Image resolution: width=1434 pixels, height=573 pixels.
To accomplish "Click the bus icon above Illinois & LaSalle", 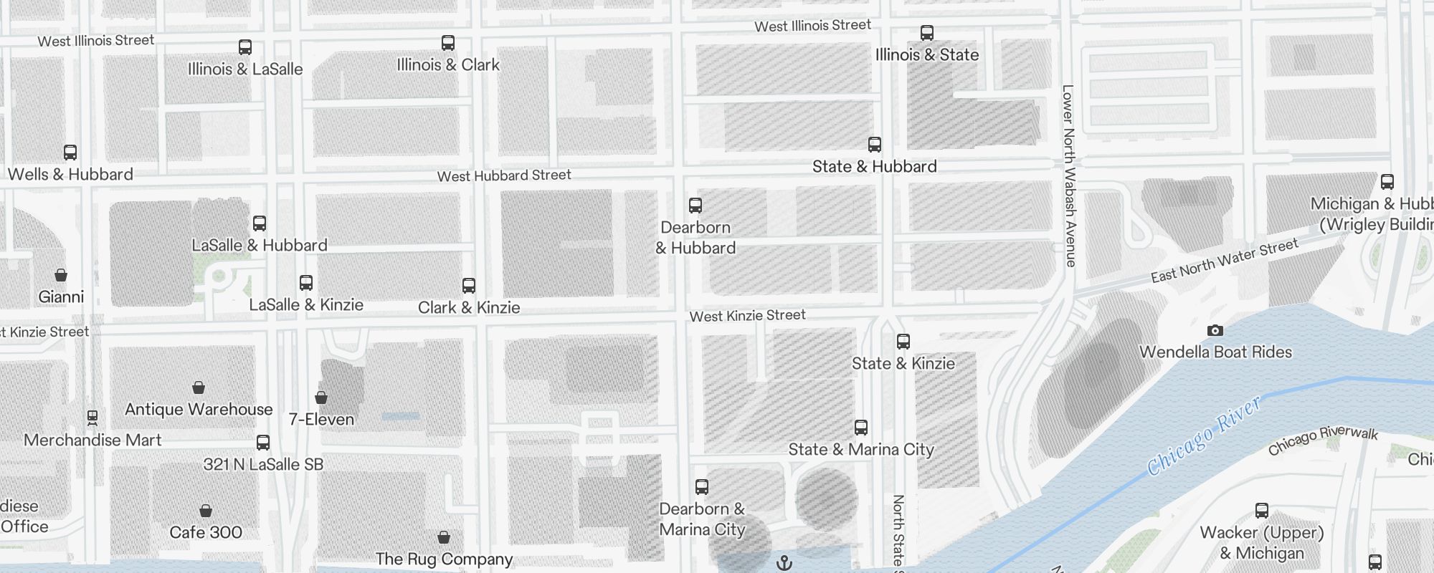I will (x=245, y=47).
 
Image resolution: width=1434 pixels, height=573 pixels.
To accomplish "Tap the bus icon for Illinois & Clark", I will (x=448, y=43).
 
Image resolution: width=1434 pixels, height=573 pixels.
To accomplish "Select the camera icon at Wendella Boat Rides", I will (x=1215, y=330).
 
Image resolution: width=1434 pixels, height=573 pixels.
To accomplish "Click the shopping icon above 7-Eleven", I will (x=321, y=398).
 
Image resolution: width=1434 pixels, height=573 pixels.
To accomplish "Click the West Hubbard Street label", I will (x=504, y=175).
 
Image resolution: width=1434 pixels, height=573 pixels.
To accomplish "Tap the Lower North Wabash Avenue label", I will (x=1069, y=175).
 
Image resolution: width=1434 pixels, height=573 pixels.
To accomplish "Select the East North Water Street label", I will (x=1225, y=261).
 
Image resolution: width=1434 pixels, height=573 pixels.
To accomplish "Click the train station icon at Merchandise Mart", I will (x=92, y=417).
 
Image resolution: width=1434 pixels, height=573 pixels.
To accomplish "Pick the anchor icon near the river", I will (x=784, y=563).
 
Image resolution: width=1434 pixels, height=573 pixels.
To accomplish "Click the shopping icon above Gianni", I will (x=61, y=275).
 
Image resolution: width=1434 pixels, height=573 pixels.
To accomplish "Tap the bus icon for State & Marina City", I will (x=861, y=428).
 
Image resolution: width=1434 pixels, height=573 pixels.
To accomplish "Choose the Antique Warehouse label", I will (x=199, y=409).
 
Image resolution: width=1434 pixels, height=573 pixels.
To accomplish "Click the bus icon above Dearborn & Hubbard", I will (x=695, y=206).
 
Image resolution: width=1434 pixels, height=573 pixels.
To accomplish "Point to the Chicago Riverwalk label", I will (x=1323, y=440).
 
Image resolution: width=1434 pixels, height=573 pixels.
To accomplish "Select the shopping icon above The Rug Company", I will (x=444, y=537).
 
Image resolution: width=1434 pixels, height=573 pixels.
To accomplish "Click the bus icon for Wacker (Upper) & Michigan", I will (x=1262, y=511).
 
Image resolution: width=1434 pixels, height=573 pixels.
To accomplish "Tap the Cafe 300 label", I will (x=206, y=532).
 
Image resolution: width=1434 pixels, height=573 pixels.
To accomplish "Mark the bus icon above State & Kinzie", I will (x=903, y=342).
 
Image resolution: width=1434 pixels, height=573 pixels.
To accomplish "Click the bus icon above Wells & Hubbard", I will (x=70, y=153).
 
